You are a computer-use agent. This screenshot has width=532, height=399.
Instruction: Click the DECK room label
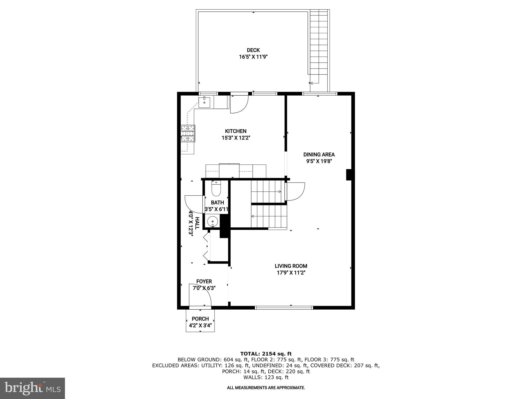(253, 50)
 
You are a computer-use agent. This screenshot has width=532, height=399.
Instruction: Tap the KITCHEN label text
(236, 131)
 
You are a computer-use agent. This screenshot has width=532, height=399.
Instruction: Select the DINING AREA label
(319, 155)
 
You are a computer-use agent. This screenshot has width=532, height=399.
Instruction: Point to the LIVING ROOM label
(291, 266)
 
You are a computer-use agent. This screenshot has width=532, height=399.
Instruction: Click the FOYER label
(204, 281)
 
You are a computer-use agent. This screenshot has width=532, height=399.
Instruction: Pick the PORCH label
(200, 319)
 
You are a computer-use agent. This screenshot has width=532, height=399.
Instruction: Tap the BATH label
(217, 203)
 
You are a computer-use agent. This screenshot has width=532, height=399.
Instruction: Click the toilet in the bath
(216, 189)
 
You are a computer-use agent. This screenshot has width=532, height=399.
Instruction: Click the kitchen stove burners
(188, 134)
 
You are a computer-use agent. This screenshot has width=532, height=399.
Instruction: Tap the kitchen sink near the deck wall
(204, 103)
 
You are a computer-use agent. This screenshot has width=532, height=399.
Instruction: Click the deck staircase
(319, 44)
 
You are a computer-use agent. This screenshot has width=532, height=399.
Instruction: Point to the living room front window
(284, 308)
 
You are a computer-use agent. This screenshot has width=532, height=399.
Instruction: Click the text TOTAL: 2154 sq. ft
(266, 354)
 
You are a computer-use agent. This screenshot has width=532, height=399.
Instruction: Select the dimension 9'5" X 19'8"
(319, 161)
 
